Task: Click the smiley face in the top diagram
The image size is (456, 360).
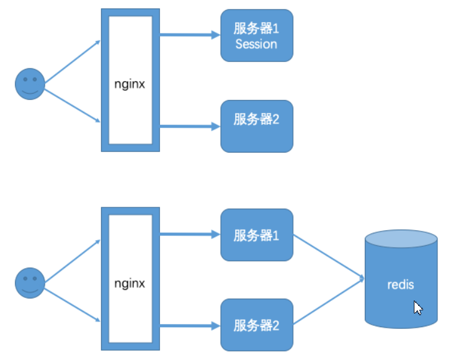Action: (29, 84)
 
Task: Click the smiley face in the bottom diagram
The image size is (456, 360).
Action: (29, 283)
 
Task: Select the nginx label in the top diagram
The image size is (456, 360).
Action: (130, 84)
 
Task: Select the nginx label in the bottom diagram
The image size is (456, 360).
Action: (130, 283)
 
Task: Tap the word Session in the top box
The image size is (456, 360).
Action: (256, 44)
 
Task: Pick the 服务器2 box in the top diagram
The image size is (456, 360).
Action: (256, 126)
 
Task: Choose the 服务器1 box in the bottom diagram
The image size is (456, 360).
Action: (256, 235)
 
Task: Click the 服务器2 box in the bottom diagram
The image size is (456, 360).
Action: (256, 325)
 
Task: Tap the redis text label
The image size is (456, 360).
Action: (400, 285)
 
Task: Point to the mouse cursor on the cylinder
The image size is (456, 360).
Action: (419, 307)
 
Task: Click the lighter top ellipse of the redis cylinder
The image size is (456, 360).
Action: (401, 239)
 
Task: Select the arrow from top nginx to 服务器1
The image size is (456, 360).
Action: (189, 35)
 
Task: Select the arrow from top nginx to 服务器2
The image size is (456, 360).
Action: (189, 126)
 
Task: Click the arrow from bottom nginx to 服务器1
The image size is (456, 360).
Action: (189, 235)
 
